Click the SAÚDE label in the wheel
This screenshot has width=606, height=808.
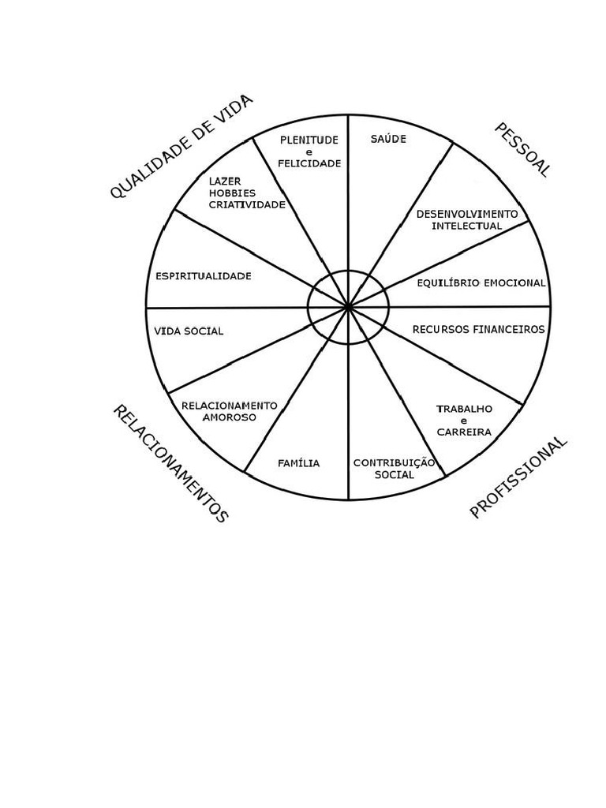click(388, 140)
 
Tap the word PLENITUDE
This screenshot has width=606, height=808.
click(309, 140)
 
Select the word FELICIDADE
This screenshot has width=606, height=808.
click(309, 163)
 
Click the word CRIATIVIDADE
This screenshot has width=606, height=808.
click(247, 204)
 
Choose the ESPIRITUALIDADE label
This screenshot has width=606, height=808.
click(204, 276)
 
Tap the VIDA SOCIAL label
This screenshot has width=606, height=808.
click(189, 331)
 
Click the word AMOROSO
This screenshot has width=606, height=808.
click(230, 417)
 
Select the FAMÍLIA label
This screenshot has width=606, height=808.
click(299, 463)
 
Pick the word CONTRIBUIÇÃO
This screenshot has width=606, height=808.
click(395, 463)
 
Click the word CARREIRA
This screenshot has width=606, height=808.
click(464, 432)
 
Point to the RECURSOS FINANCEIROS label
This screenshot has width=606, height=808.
click(478, 329)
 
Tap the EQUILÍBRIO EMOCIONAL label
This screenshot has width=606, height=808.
click(481, 282)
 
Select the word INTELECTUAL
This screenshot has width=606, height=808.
click(467, 226)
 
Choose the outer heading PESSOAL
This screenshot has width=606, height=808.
click(521, 150)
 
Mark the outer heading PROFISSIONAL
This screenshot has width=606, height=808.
click(518, 477)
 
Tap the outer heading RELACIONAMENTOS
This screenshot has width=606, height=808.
click(170, 463)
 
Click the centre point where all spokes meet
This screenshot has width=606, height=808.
click(348, 307)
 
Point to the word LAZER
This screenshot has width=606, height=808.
click(225, 181)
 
